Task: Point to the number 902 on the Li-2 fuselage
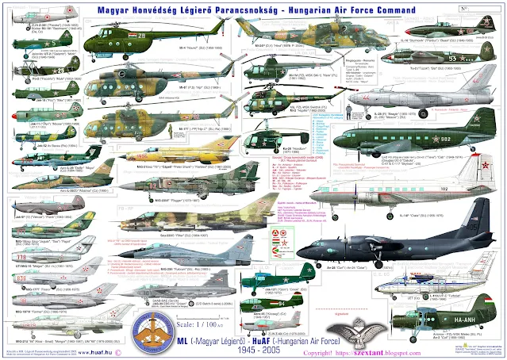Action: click(424, 137)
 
